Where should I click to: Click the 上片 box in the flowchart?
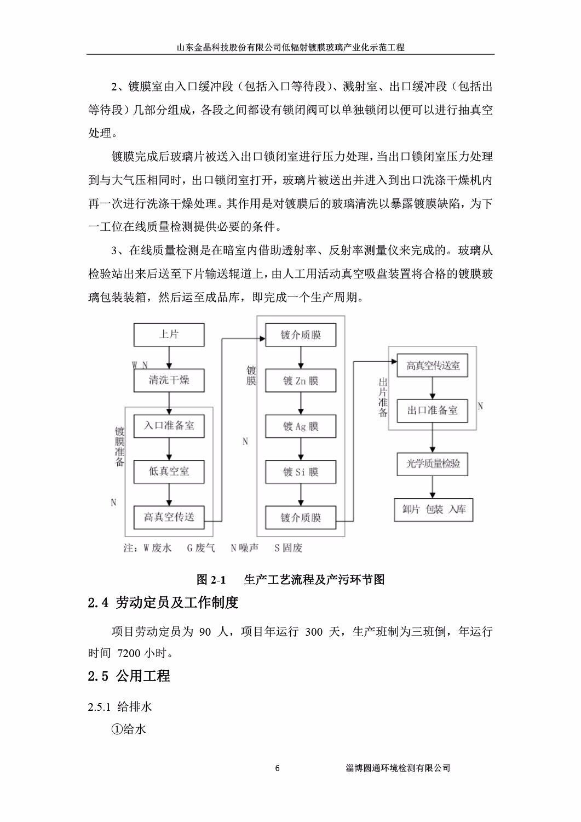(x=169, y=334)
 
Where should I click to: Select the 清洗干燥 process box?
(x=169, y=380)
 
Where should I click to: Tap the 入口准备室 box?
(x=169, y=425)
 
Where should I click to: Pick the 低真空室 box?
(x=169, y=471)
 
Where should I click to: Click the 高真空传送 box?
(x=169, y=516)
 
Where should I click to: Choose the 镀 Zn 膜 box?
(x=301, y=381)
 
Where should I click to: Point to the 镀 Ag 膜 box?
(x=301, y=426)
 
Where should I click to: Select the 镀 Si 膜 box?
(x=301, y=472)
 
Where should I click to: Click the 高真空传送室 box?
(x=433, y=366)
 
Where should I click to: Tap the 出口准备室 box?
(x=433, y=410)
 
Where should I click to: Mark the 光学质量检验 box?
(x=433, y=464)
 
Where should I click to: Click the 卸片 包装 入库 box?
(x=433, y=509)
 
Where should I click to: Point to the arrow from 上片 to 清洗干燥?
(x=169, y=357)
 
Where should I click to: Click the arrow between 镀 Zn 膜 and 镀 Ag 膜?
(x=301, y=403)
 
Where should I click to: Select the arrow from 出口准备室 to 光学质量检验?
(x=433, y=437)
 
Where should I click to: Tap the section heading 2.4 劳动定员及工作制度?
(x=163, y=603)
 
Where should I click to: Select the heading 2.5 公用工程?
(x=129, y=676)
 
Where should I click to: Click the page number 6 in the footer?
(x=278, y=768)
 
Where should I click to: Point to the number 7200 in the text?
(x=129, y=653)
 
